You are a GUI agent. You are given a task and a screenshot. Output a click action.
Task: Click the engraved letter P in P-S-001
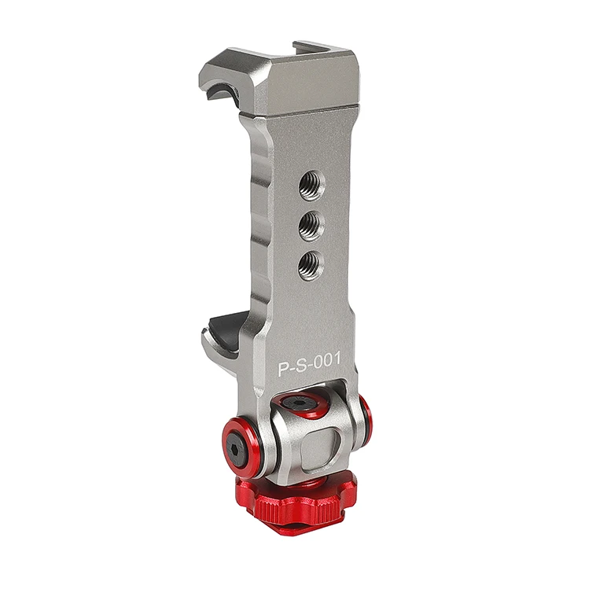(283, 369)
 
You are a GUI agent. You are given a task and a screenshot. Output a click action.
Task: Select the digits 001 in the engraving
(328, 359)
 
